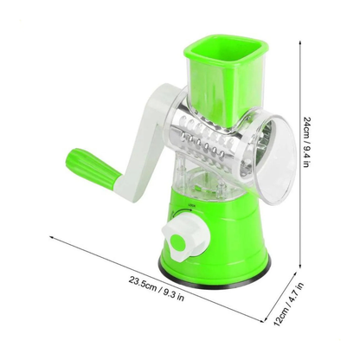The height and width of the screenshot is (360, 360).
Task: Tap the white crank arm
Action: (x=145, y=138)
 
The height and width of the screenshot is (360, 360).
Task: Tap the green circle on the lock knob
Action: (x=178, y=242)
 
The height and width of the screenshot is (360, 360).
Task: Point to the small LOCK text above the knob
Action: (x=191, y=205)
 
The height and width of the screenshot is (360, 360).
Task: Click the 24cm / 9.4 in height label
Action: (x=306, y=142)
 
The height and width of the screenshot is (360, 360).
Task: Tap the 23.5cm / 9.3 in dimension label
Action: (x=157, y=288)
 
